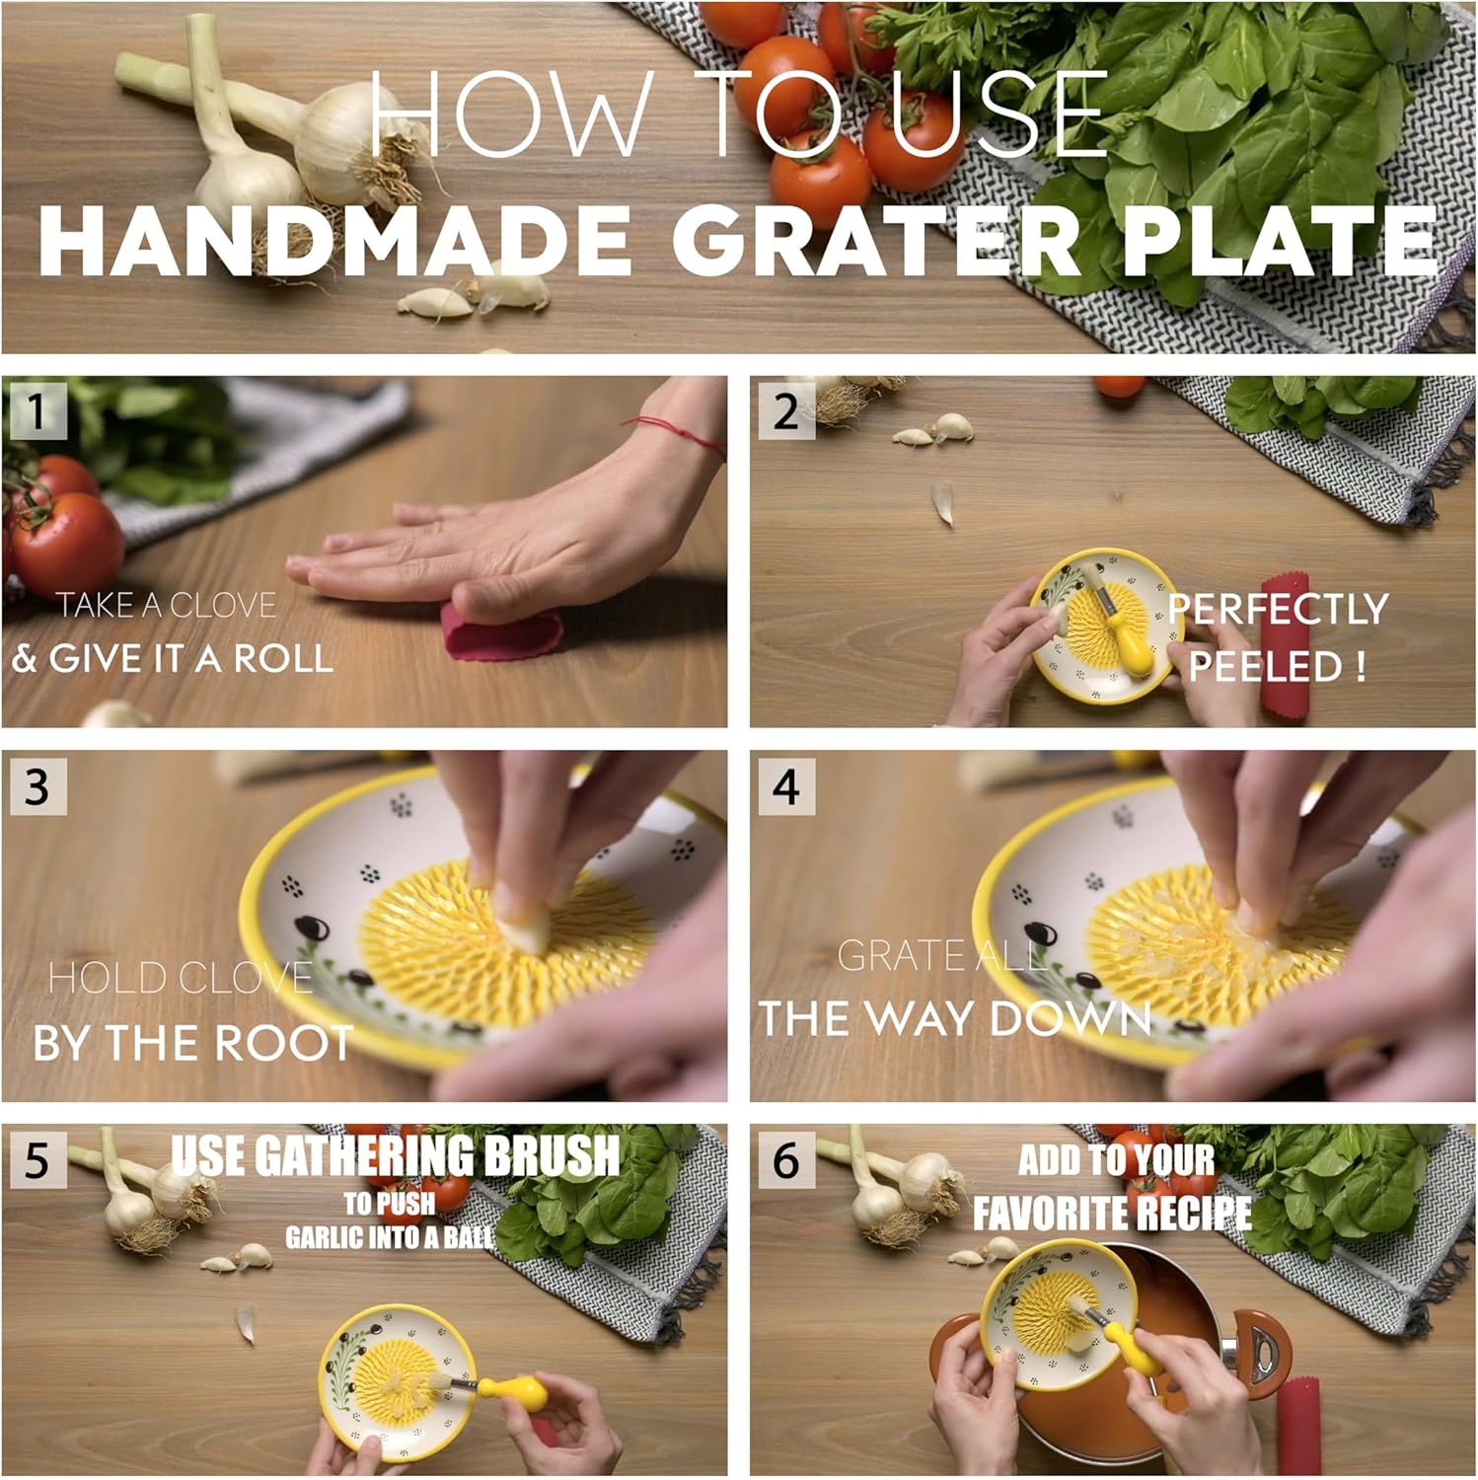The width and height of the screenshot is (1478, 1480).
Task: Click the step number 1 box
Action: pyautogui.click(x=37, y=410)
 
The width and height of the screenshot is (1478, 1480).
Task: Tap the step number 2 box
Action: pyautogui.click(x=786, y=410)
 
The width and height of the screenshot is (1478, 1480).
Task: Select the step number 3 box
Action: pyautogui.click(x=37, y=786)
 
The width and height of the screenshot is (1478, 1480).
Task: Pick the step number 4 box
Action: pyautogui.click(x=786, y=786)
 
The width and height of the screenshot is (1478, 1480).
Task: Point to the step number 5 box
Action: pyautogui.click(x=37, y=1160)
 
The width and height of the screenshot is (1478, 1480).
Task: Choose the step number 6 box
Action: pyautogui.click(x=786, y=1160)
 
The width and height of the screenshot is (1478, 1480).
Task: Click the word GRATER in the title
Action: pyautogui.click(x=877, y=242)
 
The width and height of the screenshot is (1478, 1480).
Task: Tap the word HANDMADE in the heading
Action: pyautogui.click(x=334, y=242)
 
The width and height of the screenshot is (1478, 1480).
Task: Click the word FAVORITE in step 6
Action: pyautogui.click(x=1050, y=1214)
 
